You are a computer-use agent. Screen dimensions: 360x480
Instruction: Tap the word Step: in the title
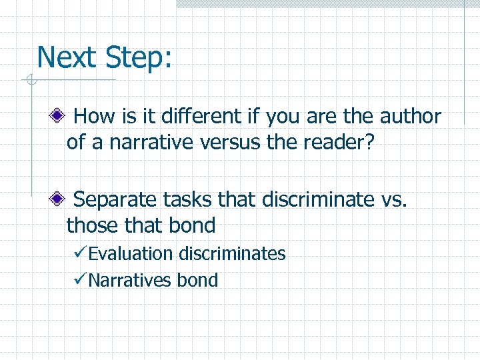coord(139,58)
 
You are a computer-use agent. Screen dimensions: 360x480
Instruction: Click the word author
coord(410,117)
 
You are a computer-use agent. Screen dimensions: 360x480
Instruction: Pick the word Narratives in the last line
coord(129,280)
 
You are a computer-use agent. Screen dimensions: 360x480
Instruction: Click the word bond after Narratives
coord(197,280)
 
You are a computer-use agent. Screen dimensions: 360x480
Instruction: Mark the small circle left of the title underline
coord(29,81)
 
